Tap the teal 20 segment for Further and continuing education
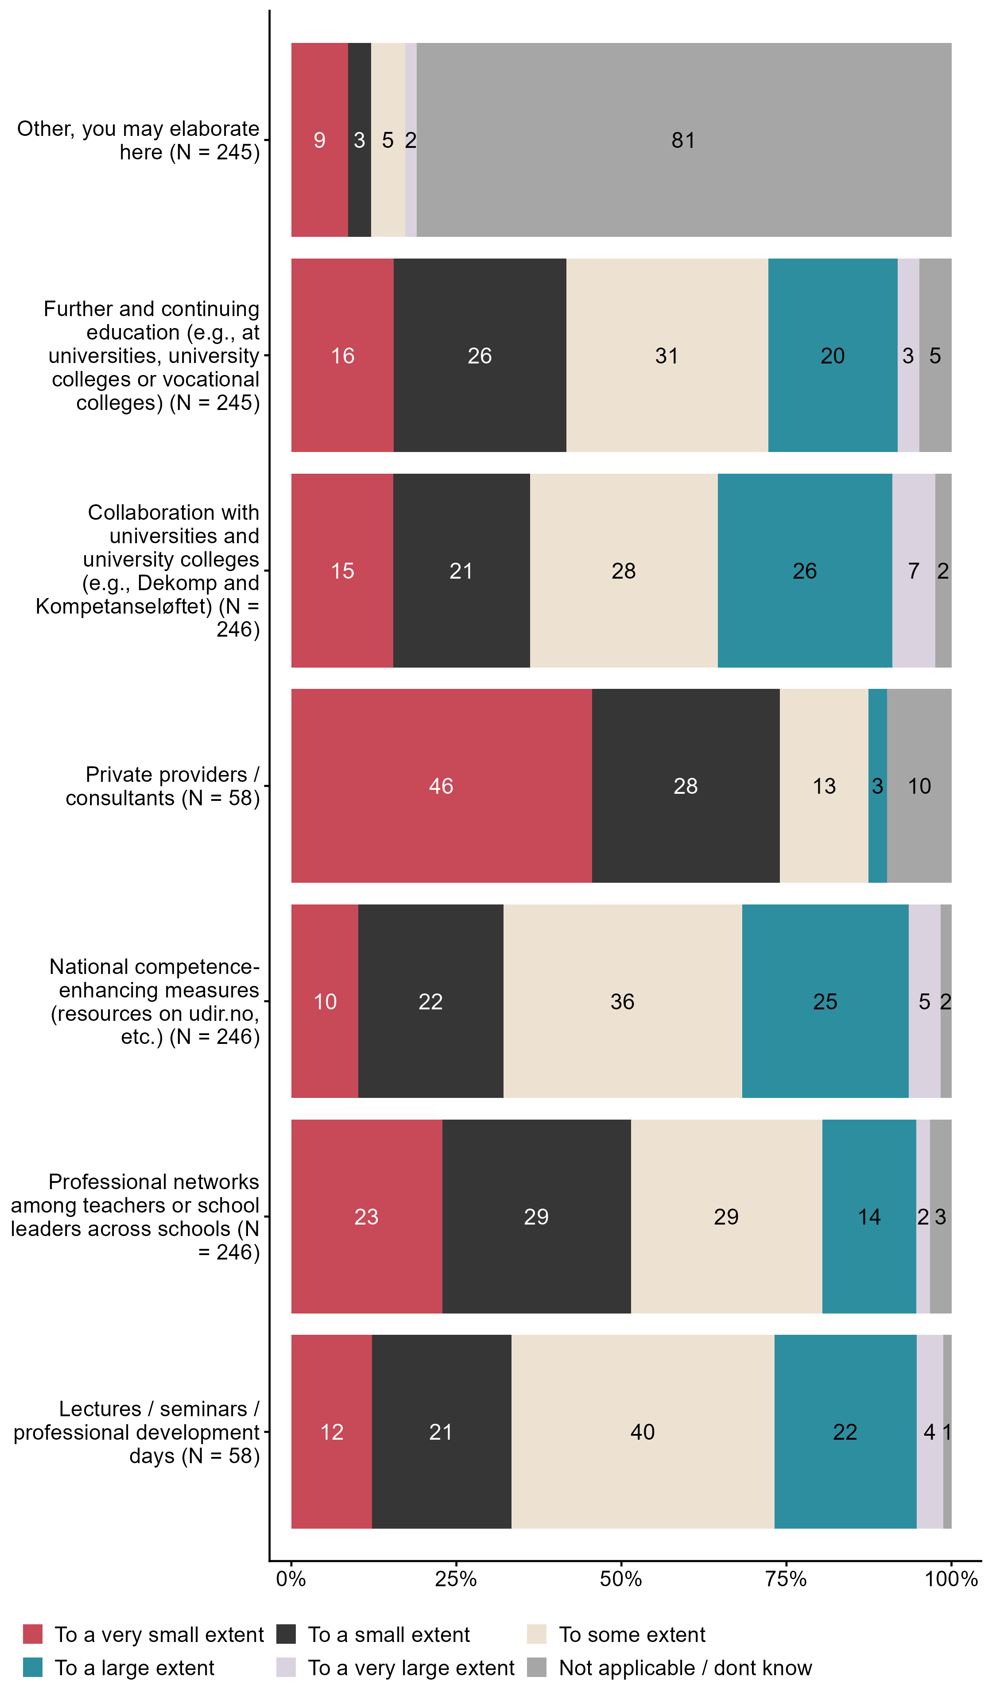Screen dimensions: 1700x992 pyautogui.click(x=832, y=355)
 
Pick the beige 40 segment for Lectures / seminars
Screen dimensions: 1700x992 pyautogui.click(x=643, y=1432)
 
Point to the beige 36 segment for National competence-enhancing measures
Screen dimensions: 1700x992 pyautogui.click(x=622, y=1001)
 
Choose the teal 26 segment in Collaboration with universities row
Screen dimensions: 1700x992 pyautogui.click(x=804, y=571)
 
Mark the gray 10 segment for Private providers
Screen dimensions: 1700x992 pyautogui.click(x=919, y=785)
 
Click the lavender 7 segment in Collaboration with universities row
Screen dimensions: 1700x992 pyautogui.click(x=913, y=571)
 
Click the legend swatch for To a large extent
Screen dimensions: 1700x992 pyautogui.click(x=32, y=1668)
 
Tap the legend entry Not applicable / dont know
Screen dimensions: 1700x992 pyautogui.click(x=685, y=1668)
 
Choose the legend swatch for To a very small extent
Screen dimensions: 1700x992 pyautogui.click(x=32, y=1634)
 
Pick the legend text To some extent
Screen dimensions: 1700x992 pyautogui.click(x=632, y=1634)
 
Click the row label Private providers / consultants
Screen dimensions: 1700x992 pyautogui.click(x=163, y=786)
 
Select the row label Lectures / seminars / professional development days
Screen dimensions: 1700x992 pyautogui.click(x=137, y=1432)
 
